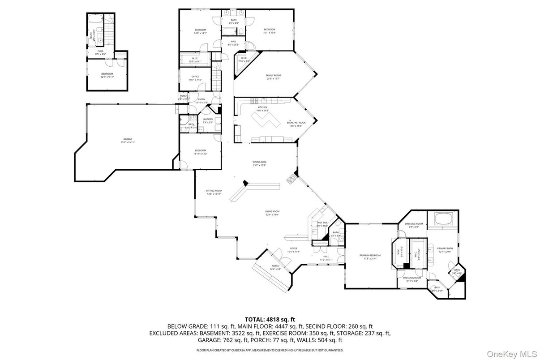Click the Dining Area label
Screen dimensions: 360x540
pos(259,163)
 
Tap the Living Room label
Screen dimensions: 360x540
pos(272,213)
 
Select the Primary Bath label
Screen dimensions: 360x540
pos(445,249)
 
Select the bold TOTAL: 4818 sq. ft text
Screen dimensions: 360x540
pos(270,319)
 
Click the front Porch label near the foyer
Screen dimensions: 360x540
pos(275,267)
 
